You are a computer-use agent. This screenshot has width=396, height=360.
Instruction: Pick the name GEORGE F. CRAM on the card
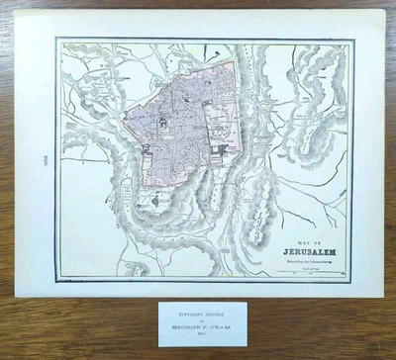click(x=197, y=327)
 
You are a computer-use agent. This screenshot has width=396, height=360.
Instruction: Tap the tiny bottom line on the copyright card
click(x=197, y=336)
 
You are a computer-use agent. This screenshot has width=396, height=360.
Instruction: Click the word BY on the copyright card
click(x=197, y=320)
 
